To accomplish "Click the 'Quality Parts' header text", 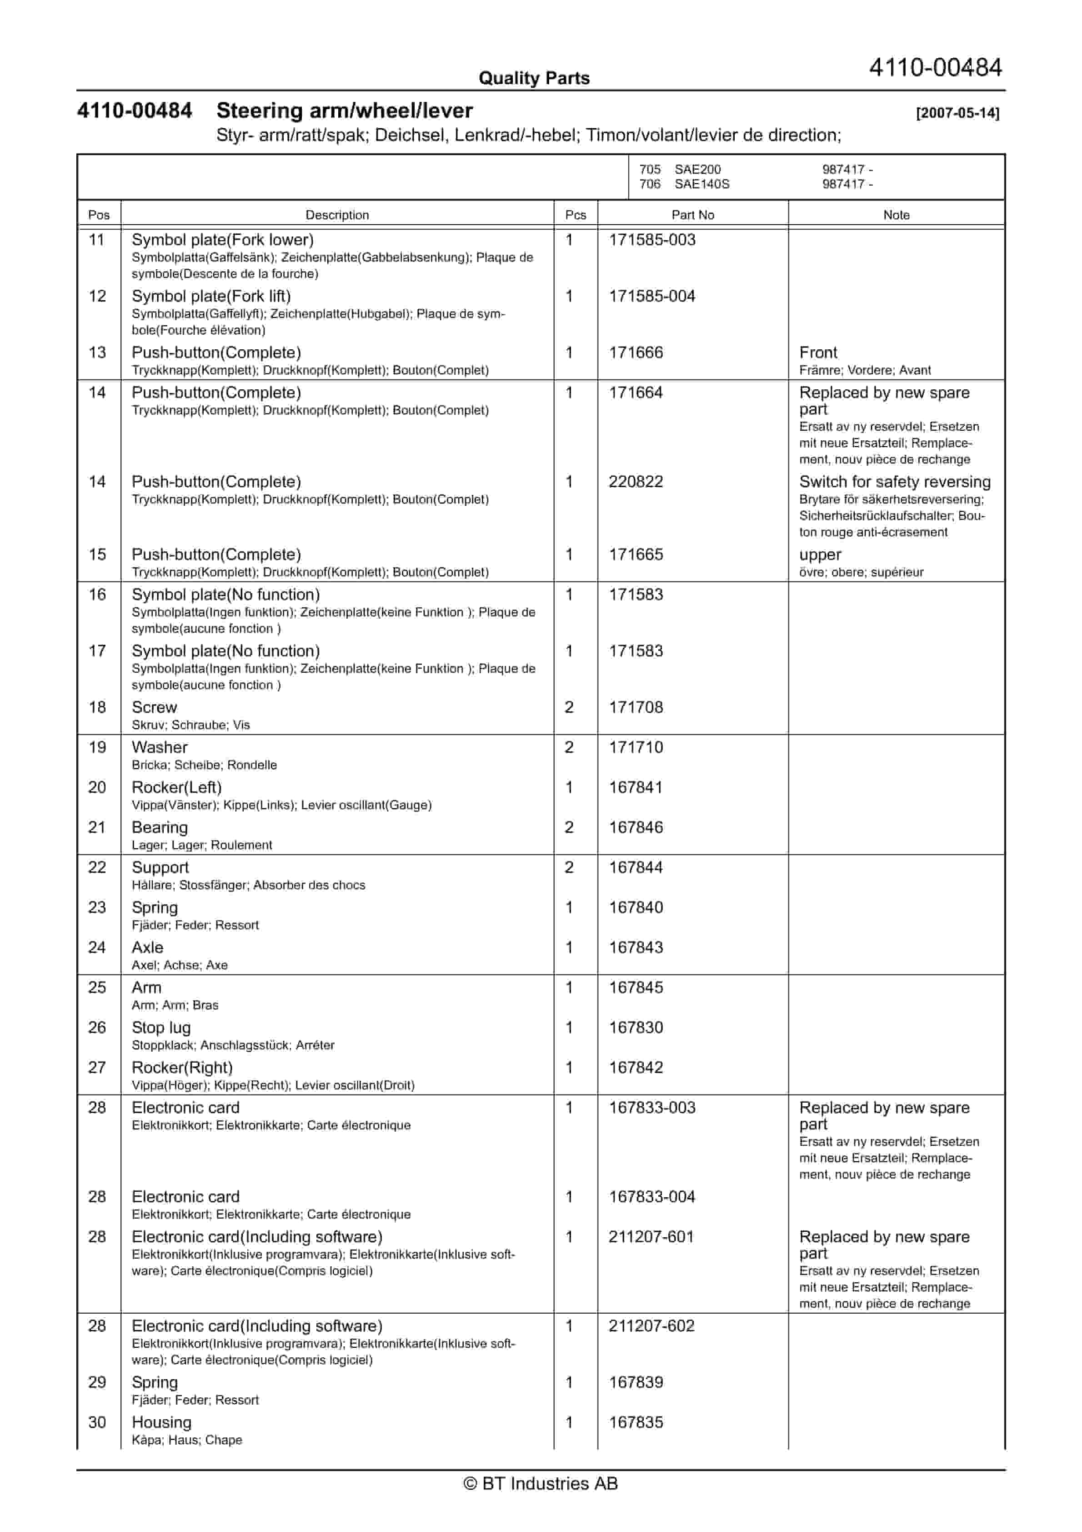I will [x=534, y=78].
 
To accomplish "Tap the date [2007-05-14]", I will [x=957, y=113].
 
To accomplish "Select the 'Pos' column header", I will [x=99, y=215].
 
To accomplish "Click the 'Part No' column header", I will [x=692, y=215].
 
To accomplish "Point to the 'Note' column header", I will [x=896, y=215].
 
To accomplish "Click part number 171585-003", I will [x=652, y=240].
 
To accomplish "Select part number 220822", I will [x=635, y=482].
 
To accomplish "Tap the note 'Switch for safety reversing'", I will [x=895, y=482].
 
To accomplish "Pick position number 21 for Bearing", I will [x=97, y=827].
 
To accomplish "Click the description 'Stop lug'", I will [x=161, y=1028].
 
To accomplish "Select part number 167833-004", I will [x=652, y=1196].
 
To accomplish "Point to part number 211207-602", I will [x=651, y=1326].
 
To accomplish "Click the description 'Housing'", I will [x=161, y=1422].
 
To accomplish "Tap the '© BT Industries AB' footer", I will [x=541, y=1483].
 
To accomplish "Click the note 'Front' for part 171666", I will [x=818, y=353].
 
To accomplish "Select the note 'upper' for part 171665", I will [x=820, y=554].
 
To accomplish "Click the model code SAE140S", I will [x=702, y=184].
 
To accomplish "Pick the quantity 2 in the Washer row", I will [x=569, y=747].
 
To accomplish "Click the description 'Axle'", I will [x=147, y=947].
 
